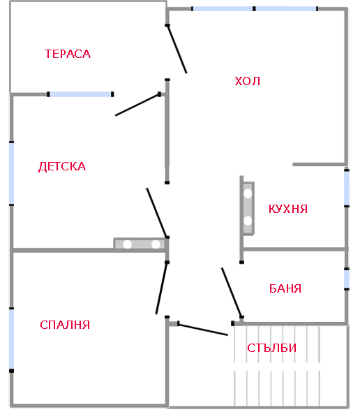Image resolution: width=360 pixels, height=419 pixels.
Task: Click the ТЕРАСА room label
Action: (x=68, y=54)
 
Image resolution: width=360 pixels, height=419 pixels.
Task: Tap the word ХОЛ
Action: (x=247, y=81)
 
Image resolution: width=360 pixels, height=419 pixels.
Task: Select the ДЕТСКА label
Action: (x=62, y=166)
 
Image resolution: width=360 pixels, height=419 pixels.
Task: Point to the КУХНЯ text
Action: (x=288, y=209)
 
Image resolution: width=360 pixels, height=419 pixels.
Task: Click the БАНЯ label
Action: (x=285, y=288)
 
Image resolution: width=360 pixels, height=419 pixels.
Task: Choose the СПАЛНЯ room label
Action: (x=65, y=325)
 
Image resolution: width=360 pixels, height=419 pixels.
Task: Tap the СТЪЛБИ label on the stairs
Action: (x=271, y=348)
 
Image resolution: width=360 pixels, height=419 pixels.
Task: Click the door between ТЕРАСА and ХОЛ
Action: (x=177, y=49)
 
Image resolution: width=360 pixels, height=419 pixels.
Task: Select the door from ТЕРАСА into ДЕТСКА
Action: (x=137, y=105)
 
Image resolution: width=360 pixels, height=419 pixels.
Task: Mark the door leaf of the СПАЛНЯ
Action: (x=162, y=288)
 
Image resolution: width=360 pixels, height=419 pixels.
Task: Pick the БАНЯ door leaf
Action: (x=232, y=292)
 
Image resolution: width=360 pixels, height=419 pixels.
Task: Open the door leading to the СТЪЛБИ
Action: (x=203, y=329)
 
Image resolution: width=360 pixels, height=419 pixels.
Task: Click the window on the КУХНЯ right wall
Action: (x=347, y=188)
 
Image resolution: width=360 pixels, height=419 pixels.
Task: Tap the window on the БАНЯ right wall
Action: (x=347, y=279)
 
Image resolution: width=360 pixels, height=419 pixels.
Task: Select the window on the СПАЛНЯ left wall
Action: (x=11, y=339)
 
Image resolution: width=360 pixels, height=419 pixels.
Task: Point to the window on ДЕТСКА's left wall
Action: (x=11, y=174)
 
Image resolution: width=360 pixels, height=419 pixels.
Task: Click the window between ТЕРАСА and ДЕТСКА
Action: (x=80, y=94)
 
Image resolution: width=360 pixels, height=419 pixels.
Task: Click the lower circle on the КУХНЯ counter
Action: (x=247, y=221)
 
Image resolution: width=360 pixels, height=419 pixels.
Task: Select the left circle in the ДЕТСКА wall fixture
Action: (x=127, y=244)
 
